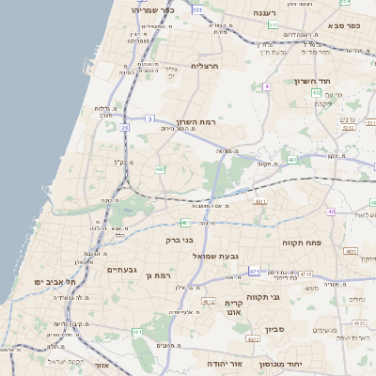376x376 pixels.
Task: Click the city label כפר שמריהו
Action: [x=154, y=10]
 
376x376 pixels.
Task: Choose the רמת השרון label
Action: [x=196, y=123]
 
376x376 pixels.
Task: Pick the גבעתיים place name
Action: [x=122, y=270]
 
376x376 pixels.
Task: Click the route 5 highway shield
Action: [x=149, y=118]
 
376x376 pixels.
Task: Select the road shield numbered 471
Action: [x=254, y=271]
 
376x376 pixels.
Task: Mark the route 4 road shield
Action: [x=266, y=86]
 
